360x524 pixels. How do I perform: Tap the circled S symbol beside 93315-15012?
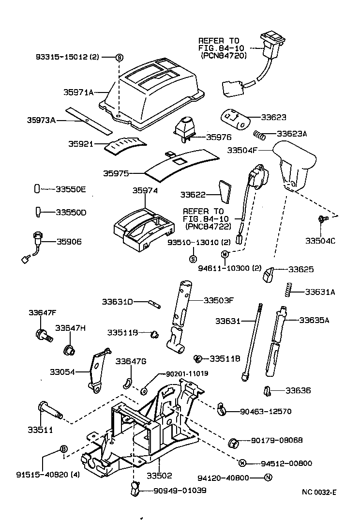pos(119,57)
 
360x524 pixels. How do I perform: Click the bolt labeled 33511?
pos(48,410)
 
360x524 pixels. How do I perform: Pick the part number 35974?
pos(145,191)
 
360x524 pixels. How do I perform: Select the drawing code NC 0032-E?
pos(319,492)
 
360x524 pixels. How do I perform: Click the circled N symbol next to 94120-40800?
pos(269,478)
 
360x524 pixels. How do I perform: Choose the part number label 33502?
pos(159,476)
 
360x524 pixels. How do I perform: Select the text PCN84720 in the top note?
pos(224,56)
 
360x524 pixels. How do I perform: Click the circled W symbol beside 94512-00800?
pos(243,462)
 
